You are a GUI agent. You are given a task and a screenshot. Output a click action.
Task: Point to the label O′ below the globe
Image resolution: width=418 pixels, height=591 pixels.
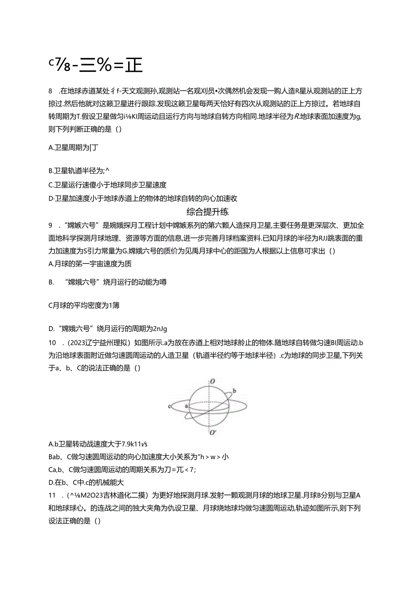213,432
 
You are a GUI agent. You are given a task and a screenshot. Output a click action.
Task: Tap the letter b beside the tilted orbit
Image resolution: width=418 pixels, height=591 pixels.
234,390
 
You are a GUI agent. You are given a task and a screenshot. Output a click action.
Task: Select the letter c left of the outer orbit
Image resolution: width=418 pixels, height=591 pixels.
169,406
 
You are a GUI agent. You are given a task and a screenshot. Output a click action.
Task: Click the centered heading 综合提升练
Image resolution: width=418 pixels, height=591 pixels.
208,211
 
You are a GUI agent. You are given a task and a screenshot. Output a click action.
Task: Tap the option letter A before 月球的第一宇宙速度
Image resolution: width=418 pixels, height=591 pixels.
50,264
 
